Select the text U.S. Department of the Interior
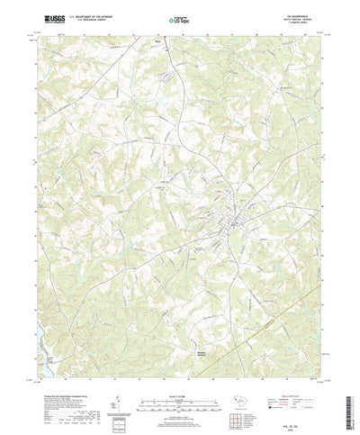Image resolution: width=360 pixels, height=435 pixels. coord(84,14)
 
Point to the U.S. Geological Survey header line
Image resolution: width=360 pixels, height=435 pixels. coord(82,18)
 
